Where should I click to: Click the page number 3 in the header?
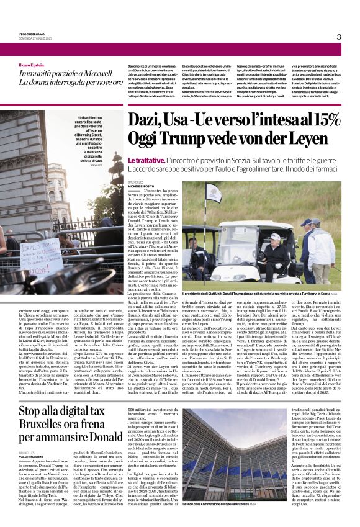click(338, 37)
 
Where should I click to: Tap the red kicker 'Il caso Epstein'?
click(32, 65)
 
